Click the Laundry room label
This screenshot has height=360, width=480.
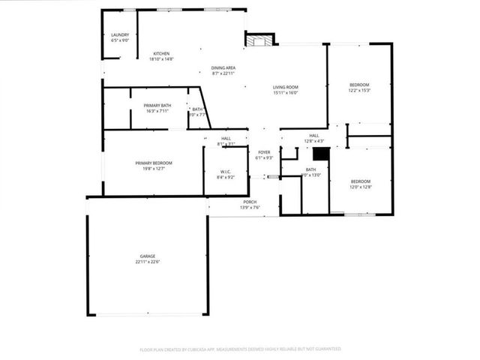click(x=120, y=34)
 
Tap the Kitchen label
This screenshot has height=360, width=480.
click(x=161, y=53)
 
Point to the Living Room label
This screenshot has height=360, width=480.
click(x=285, y=88)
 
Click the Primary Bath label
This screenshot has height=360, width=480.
click(x=157, y=105)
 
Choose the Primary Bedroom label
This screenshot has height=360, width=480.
click(x=154, y=163)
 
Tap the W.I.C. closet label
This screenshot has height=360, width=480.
click(x=225, y=171)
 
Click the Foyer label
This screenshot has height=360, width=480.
click(x=264, y=152)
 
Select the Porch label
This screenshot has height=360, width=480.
click(x=250, y=202)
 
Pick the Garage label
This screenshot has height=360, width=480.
click(x=147, y=256)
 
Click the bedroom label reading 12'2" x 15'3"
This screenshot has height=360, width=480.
click(x=359, y=85)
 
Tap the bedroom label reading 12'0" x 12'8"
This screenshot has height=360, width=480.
click(x=361, y=181)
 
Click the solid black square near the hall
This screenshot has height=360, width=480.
click(x=321, y=154)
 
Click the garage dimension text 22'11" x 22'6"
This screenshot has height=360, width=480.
click(x=147, y=262)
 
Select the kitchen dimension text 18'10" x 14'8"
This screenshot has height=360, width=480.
click(x=161, y=58)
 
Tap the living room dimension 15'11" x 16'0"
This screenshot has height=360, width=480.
click(x=285, y=94)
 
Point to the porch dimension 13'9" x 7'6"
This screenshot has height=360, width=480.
click(x=250, y=207)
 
